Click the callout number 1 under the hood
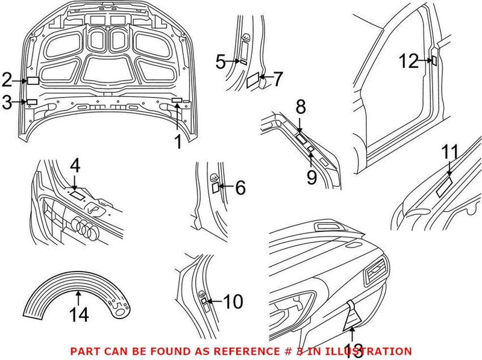177,142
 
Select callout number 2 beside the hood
7,79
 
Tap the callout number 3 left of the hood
7,102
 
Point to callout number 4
74,164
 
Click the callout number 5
221,61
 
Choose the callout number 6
240,188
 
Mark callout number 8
301,108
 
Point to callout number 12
408,60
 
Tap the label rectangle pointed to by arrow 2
33,79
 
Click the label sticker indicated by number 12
433,60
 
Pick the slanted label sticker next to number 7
254,78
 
